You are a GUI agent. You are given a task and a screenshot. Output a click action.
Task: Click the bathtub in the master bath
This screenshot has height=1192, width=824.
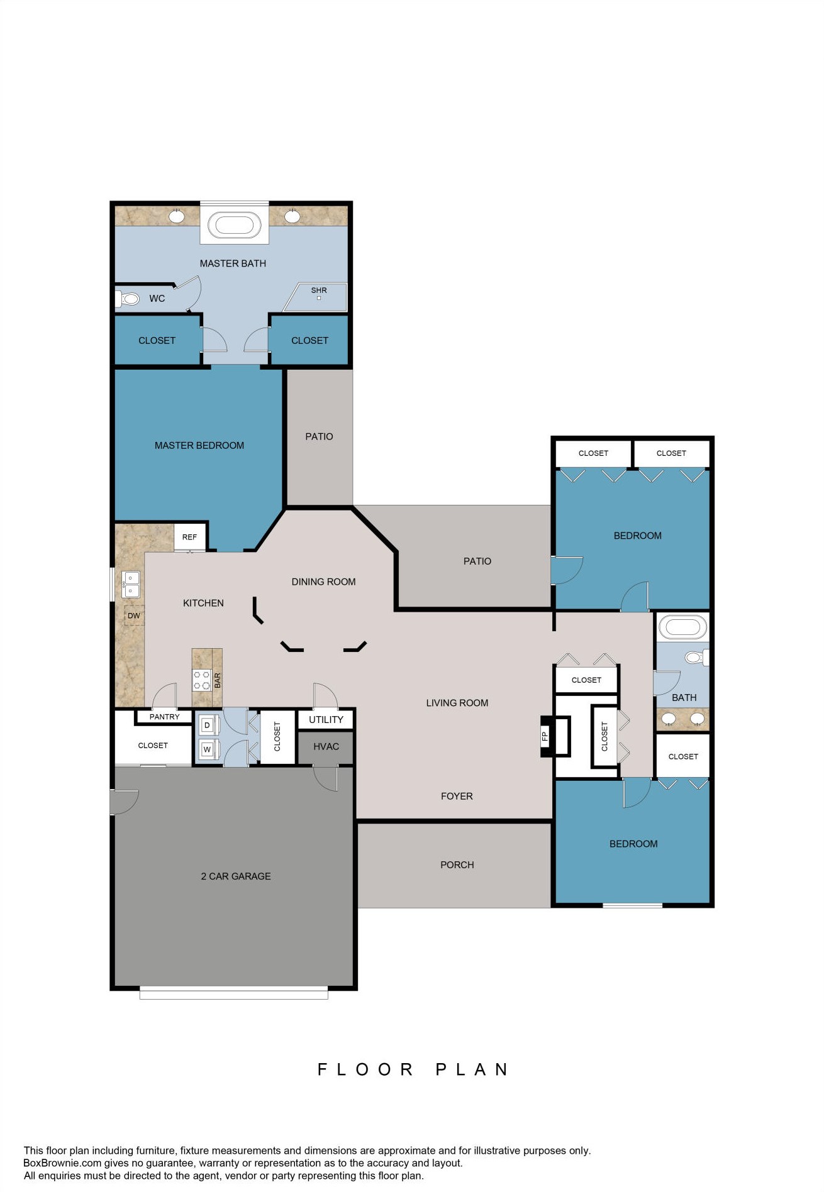[235, 224]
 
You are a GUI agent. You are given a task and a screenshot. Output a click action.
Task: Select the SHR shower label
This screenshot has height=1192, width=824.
[319, 290]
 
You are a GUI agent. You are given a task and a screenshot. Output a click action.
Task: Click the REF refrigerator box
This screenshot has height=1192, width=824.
[189, 537]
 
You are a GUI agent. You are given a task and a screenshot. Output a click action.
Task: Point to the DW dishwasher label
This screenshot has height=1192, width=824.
[134, 615]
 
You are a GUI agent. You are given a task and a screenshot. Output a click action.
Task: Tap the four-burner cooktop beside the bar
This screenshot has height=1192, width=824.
[201, 680]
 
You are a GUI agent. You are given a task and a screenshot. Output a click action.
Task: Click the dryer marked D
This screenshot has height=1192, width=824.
[208, 725]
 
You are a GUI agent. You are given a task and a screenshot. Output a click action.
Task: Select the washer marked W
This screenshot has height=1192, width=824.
[208, 749]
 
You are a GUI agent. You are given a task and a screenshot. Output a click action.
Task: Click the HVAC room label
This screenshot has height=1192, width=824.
[326, 746]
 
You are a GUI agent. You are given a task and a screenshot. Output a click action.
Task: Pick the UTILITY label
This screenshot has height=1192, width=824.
[326, 719]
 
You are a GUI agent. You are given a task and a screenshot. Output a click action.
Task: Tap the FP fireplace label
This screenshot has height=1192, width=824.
[545, 736]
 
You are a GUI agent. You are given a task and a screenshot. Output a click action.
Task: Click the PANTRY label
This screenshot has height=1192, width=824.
[164, 717]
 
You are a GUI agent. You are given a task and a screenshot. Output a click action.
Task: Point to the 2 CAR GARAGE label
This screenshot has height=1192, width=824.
[236, 876]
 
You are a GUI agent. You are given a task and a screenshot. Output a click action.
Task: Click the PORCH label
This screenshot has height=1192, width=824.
[457, 864]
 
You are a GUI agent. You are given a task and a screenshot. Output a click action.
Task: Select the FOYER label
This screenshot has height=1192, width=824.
[457, 796]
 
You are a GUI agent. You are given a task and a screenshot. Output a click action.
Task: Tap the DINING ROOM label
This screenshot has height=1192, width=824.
[323, 582]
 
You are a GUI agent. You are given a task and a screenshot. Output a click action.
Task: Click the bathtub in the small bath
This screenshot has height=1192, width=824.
[682, 627]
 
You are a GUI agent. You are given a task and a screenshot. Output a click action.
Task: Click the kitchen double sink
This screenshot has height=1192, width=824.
[130, 584]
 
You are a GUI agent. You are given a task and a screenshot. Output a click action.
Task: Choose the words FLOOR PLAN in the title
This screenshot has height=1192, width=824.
[413, 1069]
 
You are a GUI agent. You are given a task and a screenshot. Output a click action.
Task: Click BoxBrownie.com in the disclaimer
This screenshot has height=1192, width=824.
[62, 1163]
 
